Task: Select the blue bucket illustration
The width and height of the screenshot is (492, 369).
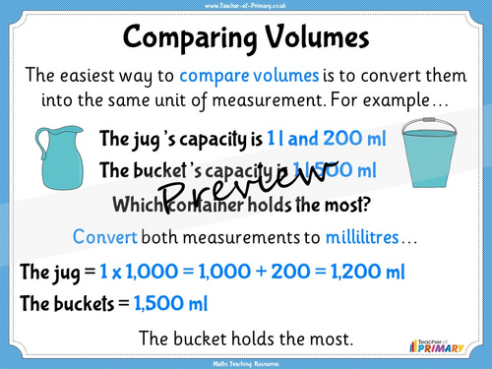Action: [439, 157]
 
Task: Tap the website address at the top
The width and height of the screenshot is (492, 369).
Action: [246, 6]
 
